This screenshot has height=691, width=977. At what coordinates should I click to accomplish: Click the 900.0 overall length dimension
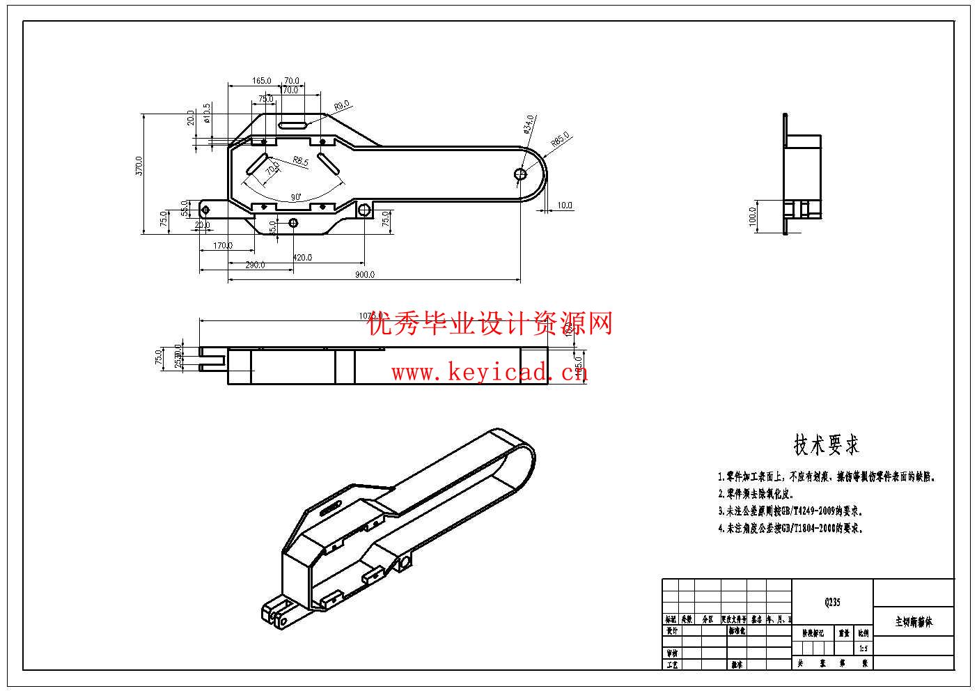point(364,274)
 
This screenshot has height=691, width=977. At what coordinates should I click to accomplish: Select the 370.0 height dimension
point(139,166)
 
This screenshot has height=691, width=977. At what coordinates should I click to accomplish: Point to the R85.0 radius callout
point(560,139)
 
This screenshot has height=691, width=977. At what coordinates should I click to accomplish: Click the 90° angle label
point(296,197)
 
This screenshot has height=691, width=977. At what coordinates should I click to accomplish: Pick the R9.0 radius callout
point(341,106)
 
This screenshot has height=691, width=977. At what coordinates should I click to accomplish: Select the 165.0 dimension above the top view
point(262,81)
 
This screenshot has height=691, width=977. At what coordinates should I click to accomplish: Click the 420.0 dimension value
point(302,257)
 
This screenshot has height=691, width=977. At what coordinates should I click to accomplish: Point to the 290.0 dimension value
point(255,265)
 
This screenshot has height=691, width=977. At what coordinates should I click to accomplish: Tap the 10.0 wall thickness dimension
point(564,205)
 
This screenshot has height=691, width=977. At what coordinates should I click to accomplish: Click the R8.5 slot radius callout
point(300,161)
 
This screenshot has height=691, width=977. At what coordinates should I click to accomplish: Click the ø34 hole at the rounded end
point(520,173)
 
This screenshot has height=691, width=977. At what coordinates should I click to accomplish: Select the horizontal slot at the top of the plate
point(293,125)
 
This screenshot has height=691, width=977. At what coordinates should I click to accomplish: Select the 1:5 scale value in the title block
point(863,648)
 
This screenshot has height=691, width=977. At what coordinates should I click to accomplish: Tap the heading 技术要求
point(827,444)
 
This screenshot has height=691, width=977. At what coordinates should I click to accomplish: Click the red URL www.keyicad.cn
point(490,373)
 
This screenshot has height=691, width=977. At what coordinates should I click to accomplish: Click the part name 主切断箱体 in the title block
point(913,621)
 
